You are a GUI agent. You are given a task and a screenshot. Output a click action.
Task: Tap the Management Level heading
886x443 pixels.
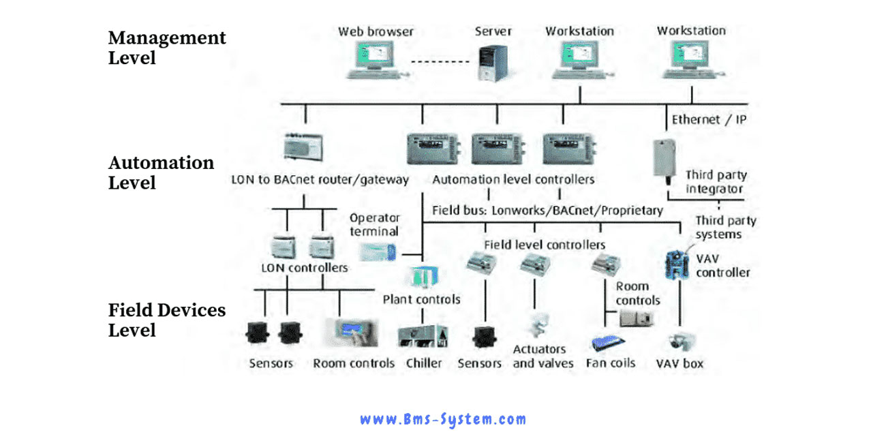pyautogui.click(x=167, y=48)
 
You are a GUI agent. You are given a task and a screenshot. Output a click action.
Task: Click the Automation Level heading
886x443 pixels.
pyautogui.click(x=161, y=172)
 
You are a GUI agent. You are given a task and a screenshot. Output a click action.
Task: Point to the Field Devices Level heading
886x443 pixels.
pyautogui.click(x=167, y=320)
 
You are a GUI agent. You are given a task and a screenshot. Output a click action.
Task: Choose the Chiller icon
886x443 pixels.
pyautogui.click(x=423, y=337)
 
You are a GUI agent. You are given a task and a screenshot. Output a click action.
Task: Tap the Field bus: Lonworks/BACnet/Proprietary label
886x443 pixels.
pyautogui.click(x=547, y=211)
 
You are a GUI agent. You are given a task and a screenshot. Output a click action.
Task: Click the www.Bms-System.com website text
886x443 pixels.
pyautogui.click(x=443, y=419)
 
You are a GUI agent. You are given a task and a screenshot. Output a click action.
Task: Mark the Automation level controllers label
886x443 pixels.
pyautogui.click(x=513, y=180)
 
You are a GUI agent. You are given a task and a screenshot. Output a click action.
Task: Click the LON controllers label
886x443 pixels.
pyautogui.click(x=304, y=267)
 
